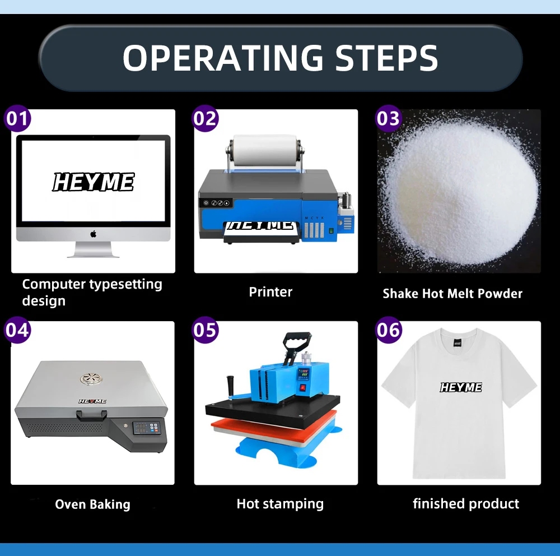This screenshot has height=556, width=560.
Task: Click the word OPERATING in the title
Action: [223, 58]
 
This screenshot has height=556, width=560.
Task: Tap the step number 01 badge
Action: [17, 118]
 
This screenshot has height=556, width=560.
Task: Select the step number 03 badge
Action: [389, 118]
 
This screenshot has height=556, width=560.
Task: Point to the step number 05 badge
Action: [206, 330]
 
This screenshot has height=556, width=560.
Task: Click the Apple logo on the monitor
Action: [93, 234]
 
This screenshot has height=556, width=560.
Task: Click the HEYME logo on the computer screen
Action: [94, 182]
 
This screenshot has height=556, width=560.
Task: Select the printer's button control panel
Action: [216, 203]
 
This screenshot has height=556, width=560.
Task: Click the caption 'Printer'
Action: [270, 292]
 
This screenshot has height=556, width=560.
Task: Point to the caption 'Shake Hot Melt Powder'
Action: [452, 294]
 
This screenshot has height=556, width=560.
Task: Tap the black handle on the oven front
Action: [92, 415]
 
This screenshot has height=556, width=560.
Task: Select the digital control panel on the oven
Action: [147, 428]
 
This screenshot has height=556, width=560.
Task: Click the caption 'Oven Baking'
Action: [92, 504]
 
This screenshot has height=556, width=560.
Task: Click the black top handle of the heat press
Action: [297, 341]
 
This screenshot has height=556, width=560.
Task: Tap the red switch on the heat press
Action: [303, 387]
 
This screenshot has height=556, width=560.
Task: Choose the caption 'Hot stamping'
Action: [280, 504]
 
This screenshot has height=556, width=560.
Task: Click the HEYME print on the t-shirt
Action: [461, 387]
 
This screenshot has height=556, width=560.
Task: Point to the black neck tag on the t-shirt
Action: [457, 343]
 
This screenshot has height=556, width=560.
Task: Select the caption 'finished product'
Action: [466, 504]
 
